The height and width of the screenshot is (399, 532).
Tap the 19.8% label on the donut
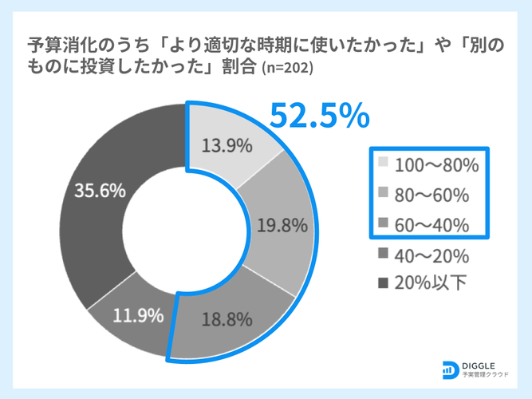(282, 226)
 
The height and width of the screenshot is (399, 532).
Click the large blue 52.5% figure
(319, 116)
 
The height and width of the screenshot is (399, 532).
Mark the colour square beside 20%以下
(384, 283)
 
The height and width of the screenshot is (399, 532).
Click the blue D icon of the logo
(449, 368)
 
